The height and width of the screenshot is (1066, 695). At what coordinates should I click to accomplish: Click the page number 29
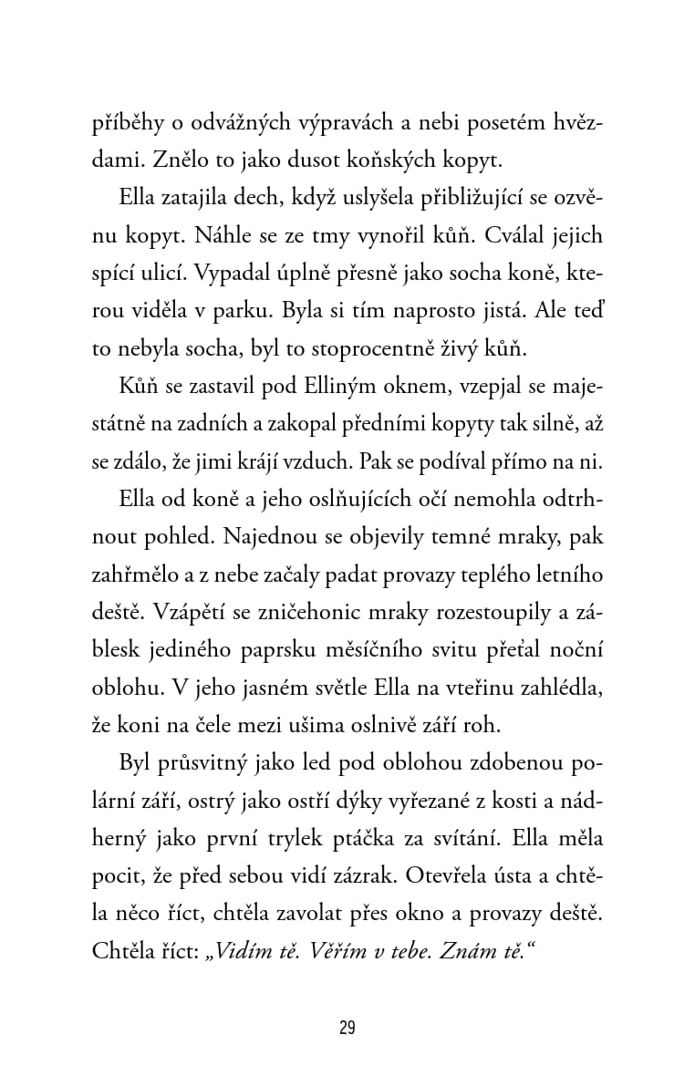347,1029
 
